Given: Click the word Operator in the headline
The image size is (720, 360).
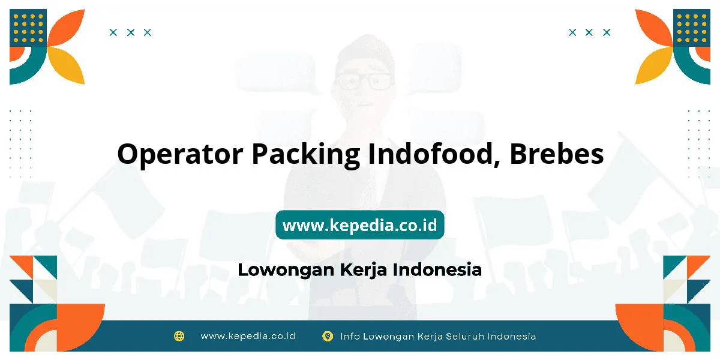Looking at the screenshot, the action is coord(180,154).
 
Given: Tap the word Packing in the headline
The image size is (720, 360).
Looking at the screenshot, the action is coord(305,155).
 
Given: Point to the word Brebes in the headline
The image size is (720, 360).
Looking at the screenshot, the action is coord(557,154).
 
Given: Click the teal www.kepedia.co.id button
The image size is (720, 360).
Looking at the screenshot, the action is coord(360,224).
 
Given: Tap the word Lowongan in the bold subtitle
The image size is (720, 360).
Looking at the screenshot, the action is coord(286,270).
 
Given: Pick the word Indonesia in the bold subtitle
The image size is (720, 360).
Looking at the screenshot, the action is coord(437,269).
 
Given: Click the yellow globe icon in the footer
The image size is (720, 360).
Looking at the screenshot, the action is coord(179,336).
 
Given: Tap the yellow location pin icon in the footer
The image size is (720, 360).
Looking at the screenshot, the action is coord(328,336).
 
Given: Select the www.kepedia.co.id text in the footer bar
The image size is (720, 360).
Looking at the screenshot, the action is coord(248,336).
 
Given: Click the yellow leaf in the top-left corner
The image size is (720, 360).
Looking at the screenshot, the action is coord(67,65).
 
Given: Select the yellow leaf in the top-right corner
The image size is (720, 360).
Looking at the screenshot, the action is coord(653,65).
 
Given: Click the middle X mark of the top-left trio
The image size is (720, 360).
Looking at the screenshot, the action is coord(131,32).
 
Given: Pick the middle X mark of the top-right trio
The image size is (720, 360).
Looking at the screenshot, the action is coord(589,32).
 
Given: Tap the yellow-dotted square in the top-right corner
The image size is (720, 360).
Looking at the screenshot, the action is coord(692,28).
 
